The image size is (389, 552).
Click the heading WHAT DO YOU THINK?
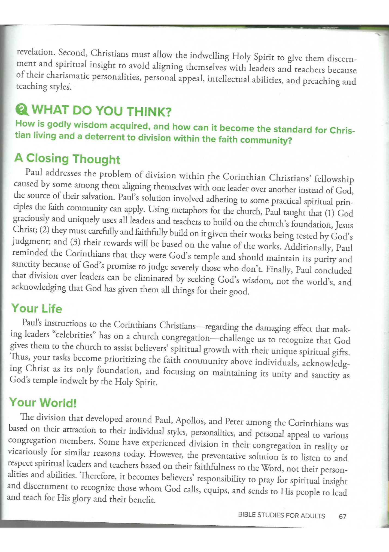point(101,111)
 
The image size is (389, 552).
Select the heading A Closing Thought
point(67,158)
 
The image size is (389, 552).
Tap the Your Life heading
point(37,308)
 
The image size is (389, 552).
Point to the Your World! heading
point(42,402)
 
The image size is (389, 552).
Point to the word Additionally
point(308,247)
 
